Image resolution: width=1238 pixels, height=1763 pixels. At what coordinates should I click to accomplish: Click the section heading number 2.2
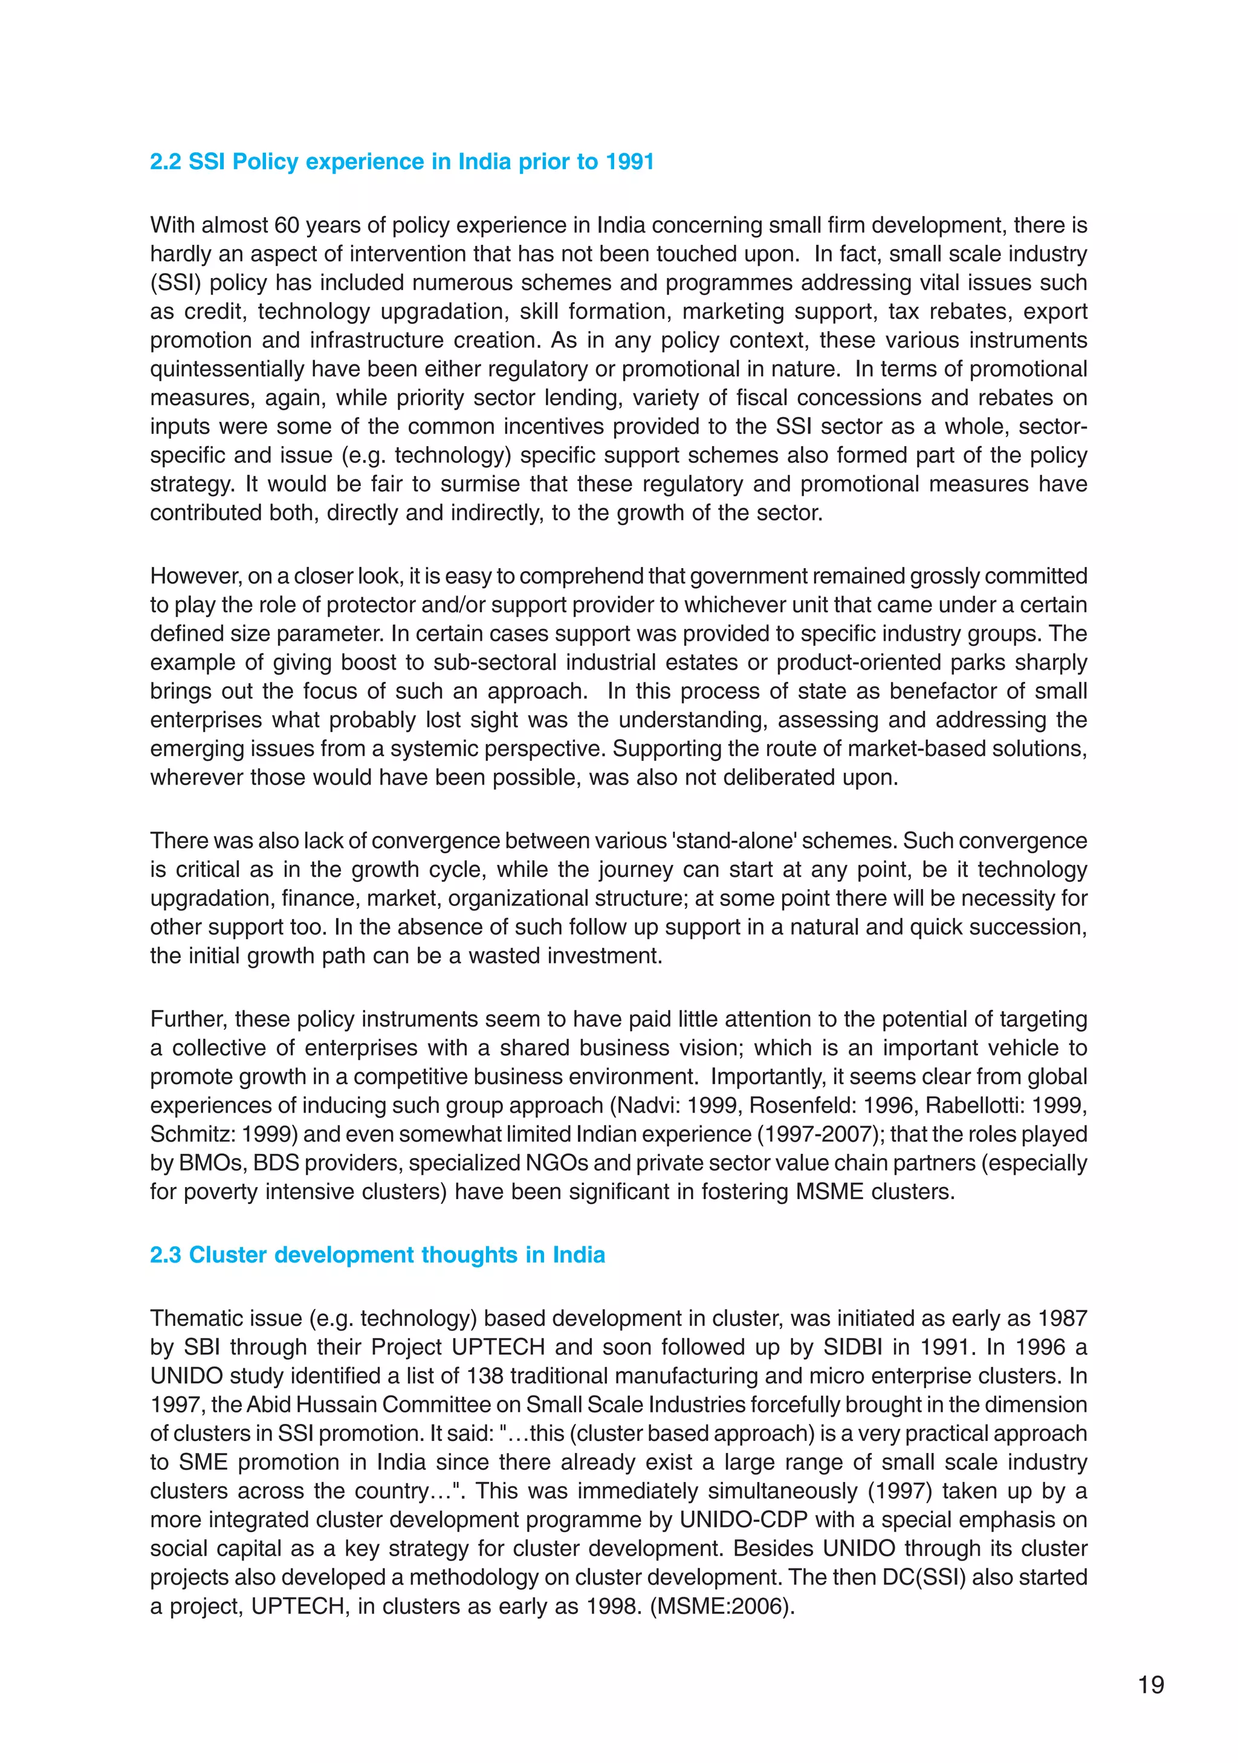166,162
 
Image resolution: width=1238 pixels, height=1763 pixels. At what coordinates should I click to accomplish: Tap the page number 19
1150,1684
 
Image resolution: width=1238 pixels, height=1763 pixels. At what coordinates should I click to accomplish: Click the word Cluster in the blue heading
227,1255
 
